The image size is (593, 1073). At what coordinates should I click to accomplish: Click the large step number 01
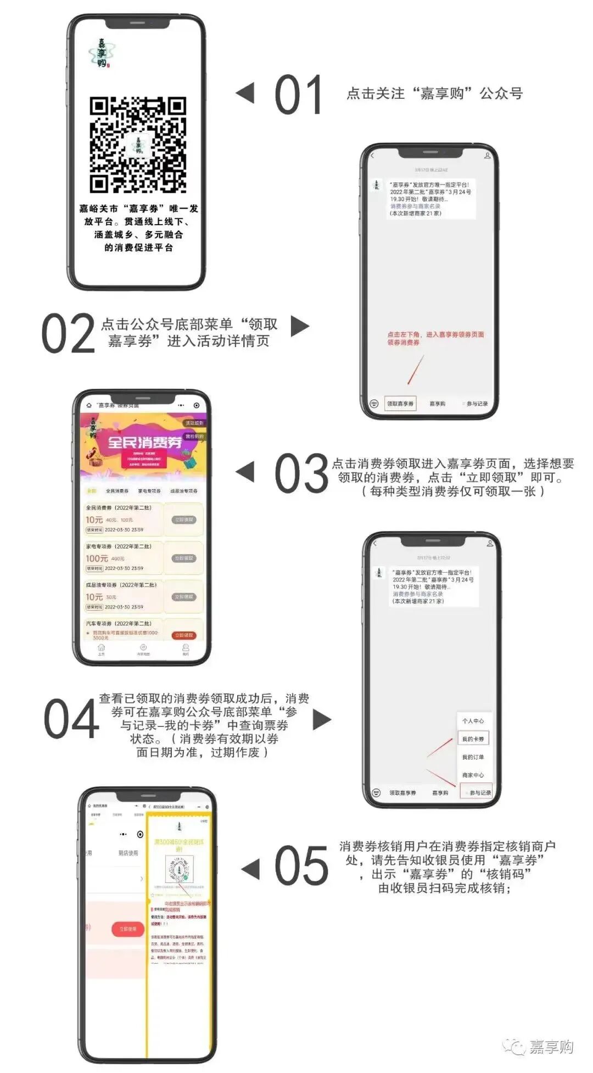298,95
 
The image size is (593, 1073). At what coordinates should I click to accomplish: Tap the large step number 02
69,333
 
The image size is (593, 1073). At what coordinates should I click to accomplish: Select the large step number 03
301,473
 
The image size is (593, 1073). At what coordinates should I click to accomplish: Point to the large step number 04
71,719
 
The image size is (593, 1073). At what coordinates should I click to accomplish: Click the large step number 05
301,867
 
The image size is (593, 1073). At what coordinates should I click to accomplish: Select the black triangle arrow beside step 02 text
299,326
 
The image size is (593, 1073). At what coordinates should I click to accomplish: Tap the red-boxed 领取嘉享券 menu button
400,404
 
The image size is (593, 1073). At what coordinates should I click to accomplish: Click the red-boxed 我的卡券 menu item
473,739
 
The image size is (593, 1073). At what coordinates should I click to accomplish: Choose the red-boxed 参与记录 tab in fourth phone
477,792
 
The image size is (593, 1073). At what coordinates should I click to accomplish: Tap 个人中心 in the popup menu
473,721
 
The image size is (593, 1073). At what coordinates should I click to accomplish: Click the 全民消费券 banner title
144,442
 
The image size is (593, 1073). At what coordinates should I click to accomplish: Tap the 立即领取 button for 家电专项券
184,558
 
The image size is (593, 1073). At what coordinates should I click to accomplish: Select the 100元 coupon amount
97,558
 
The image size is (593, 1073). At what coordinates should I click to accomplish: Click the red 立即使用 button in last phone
128,929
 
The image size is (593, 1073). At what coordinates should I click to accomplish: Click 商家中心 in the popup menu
473,775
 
